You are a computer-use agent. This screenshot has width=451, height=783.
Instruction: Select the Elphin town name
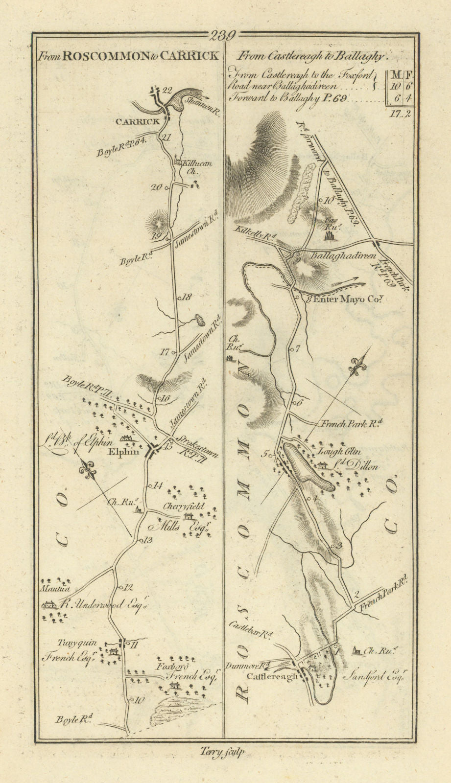[127, 452]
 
